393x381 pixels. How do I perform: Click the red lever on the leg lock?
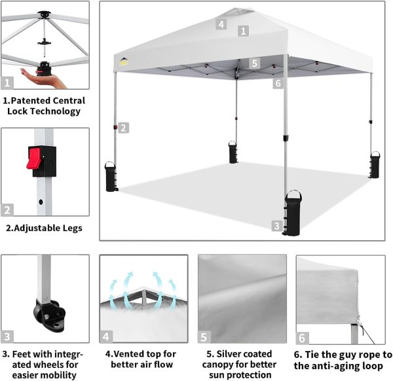point(33,158)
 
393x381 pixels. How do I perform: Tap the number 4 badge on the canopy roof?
point(221,24)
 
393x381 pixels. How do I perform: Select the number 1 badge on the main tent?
point(243,31)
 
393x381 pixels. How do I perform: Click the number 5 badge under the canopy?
point(254,63)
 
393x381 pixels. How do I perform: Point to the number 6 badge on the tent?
point(278,83)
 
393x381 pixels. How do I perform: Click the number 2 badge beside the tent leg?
point(123,128)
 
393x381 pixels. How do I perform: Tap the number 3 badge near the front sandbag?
point(276,226)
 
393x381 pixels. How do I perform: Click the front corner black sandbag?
point(292,213)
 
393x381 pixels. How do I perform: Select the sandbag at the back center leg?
point(233,152)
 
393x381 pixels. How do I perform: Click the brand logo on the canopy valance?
point(124,62)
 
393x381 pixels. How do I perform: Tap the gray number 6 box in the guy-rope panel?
point(302,338)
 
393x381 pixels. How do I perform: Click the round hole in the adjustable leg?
point(41,202)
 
